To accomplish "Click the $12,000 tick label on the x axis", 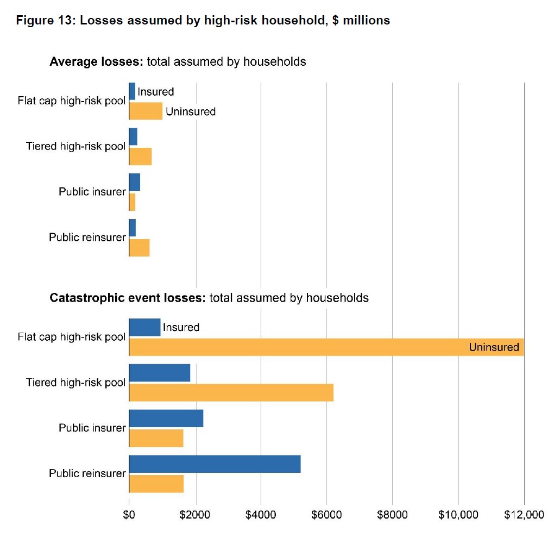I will coord(524,515).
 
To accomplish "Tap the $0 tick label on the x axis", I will coord(129,515).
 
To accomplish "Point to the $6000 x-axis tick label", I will coord(326,515).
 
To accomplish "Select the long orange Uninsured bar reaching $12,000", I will coord(326,347).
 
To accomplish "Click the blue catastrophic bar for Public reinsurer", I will coord(215,464).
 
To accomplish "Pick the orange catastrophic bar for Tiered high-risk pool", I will coord(231,392).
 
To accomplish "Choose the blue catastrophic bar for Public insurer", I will coord(166,419).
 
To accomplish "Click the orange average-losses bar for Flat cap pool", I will coord(146,111).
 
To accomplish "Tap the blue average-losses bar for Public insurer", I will coord(134,183).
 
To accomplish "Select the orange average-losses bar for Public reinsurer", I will coord(139,247).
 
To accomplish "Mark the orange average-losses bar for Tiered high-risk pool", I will coord(140,157).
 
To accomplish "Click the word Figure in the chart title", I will coord(34,21).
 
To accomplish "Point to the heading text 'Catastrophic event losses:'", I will coord(128,298).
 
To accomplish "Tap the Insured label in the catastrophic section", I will coord(181,327).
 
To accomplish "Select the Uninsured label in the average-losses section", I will coord(190,111).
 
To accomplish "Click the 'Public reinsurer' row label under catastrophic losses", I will coord(87,473).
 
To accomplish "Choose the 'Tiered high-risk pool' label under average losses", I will coord(75,146).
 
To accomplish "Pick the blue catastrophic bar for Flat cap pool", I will coord(144,327).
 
